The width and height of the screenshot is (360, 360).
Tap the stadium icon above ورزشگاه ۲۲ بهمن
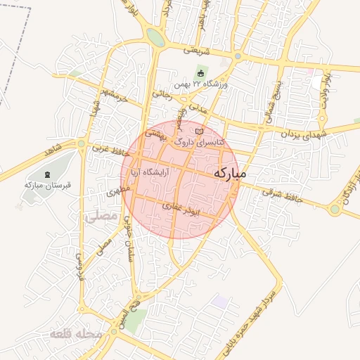point(200,73)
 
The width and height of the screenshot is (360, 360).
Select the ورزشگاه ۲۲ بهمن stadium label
point(200,84)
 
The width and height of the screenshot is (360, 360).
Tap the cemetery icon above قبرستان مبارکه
point(47,174)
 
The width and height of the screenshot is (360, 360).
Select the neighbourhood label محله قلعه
point(76,335)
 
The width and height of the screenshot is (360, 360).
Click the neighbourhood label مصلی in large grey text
point(100,217)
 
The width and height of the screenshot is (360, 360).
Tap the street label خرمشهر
point(112,96)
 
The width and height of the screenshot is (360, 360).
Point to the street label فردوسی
point(79,266)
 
